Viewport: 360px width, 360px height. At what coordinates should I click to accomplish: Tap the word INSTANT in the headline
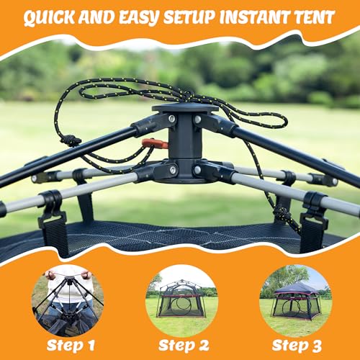pos(251,17)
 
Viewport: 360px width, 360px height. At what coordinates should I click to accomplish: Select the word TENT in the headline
pos(311,17)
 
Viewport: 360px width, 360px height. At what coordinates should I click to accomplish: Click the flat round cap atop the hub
pos(185,108)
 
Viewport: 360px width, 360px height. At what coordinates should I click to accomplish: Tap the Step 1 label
pos(71,346)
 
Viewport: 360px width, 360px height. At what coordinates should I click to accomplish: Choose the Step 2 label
pos(184,346)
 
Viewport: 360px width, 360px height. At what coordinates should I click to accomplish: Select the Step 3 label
pos(297,346)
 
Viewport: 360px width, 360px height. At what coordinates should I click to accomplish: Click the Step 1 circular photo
pos(68,300)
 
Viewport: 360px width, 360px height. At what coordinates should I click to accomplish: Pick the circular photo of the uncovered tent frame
pos(181,300)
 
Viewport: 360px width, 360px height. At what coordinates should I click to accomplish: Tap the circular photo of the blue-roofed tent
pos(296,300)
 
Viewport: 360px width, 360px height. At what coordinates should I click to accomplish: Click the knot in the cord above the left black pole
pos(71,140)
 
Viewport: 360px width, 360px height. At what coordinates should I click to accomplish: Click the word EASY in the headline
pos(138,18)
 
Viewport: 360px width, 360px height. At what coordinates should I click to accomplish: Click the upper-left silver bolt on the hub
pos(172,119)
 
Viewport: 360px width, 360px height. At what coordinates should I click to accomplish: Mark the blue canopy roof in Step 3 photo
pos(297,287)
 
